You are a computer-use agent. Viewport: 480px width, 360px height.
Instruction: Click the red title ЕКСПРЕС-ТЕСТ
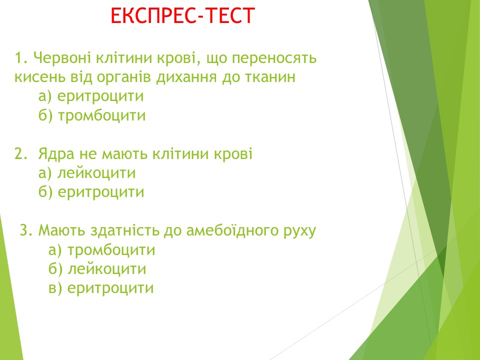[183, 15]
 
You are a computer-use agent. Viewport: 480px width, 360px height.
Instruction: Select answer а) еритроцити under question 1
[91, 96]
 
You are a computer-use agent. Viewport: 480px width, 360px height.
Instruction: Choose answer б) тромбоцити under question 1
[92, 115]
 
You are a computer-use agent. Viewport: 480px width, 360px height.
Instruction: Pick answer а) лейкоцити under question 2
[87, 173]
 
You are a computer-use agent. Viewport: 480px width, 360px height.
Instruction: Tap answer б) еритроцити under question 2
[91, 192]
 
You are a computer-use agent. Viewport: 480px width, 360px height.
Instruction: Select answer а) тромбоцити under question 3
[101, 250]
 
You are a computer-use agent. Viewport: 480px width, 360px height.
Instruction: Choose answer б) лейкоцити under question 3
[97, 269]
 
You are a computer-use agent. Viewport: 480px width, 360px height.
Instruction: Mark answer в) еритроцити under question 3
[101, 288]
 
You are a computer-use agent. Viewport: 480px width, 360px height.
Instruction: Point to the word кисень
[40, 77]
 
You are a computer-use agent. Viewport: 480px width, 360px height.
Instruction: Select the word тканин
[270, 77]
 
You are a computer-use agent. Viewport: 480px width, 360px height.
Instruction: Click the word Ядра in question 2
[56, 154]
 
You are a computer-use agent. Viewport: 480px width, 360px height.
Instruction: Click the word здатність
[125, 230]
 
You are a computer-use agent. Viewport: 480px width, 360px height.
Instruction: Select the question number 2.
[21, 153]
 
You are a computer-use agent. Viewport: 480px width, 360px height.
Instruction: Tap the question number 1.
[21, 57]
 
